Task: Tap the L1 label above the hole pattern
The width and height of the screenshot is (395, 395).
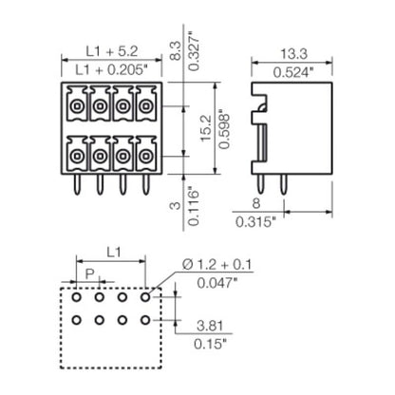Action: point(111,252)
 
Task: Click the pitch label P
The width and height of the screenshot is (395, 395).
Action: point(89,273)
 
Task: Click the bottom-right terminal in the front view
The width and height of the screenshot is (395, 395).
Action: point(144,152)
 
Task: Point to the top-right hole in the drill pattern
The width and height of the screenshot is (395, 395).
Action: point(146,297)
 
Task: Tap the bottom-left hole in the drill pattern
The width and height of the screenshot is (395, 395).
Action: point(76,320)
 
